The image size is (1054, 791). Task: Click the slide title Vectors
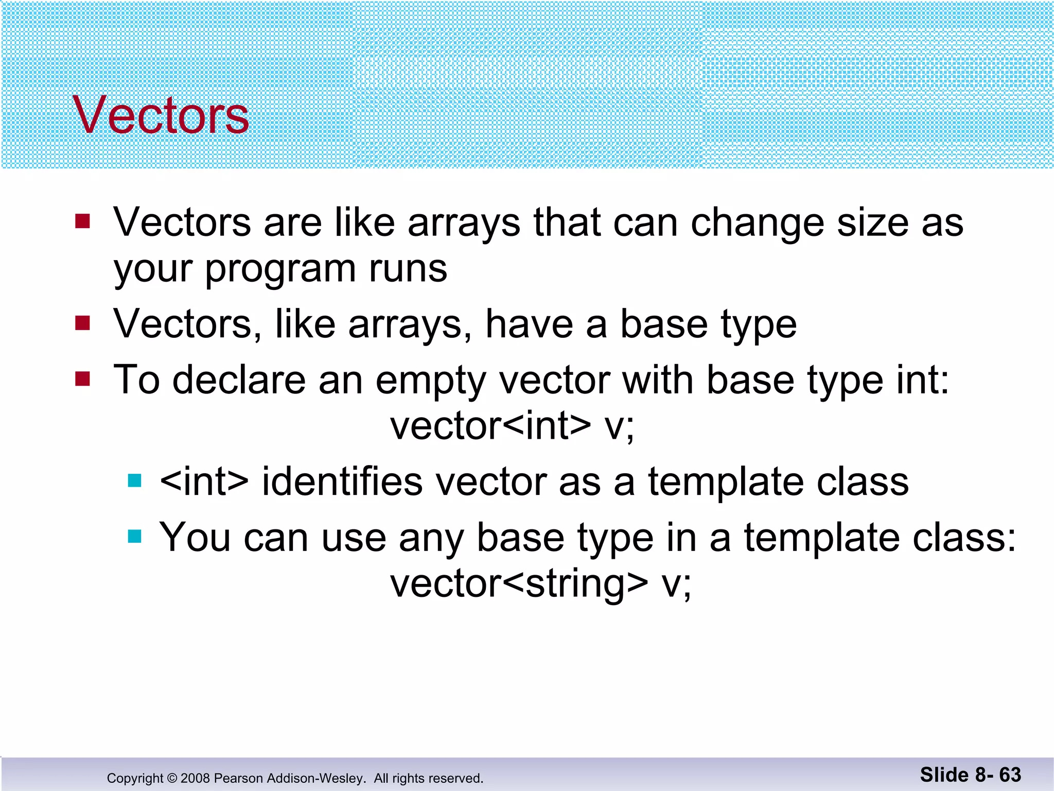(161, 115)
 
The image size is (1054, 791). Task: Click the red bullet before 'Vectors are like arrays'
(82, 221)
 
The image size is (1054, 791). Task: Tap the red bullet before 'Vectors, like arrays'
(82, 323)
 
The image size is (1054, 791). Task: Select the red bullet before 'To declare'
(82, 379)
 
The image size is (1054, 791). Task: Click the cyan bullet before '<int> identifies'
(135, 481)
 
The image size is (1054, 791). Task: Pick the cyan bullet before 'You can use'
(135, 537)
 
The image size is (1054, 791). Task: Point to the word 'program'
(280, 270)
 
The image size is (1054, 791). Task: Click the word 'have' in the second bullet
(529, 324)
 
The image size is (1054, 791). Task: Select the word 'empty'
(430, 381)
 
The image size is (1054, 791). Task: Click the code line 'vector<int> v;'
(513, 426)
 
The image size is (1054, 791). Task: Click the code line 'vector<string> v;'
(540, 584)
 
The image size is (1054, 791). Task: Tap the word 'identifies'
(342, 482)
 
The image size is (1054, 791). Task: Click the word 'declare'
(239, 380)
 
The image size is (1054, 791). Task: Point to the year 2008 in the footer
(195, 778)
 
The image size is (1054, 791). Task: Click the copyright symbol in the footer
(172, 778)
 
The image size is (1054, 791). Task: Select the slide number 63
(1010, 775)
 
